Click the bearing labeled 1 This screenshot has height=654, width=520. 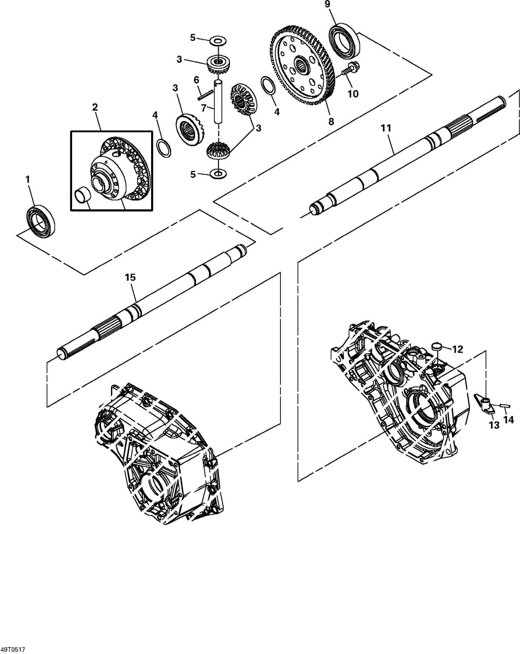pos(41,221)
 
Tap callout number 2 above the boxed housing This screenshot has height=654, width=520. pos(95,107)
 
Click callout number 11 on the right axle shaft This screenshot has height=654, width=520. pos(386,128)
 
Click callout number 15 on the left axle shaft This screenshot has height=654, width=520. pos(131,277)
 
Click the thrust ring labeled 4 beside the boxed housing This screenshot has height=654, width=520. pos(164,148)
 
